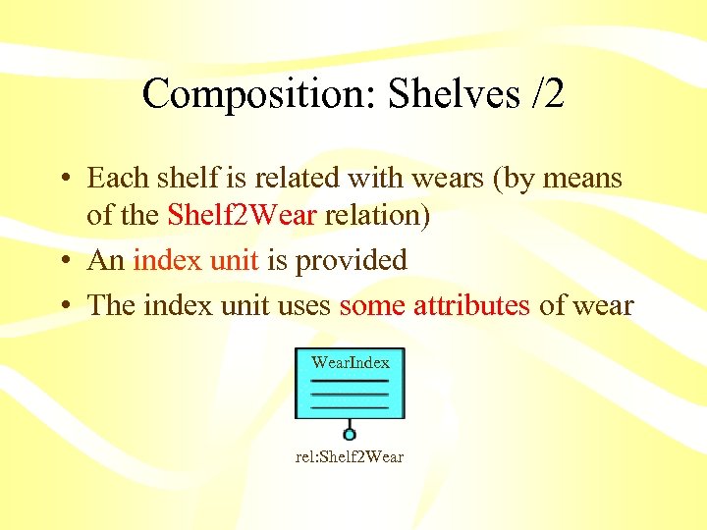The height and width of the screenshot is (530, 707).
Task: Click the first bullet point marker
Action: click(64, 179)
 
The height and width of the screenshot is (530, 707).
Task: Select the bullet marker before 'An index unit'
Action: click(64, 261)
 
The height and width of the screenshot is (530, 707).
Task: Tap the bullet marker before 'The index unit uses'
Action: click(64, 306)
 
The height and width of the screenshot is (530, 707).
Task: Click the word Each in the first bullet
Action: click(114, 178)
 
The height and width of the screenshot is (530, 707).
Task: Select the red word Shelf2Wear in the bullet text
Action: click(243, 214)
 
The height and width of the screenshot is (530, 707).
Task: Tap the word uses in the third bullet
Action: click(301, 305)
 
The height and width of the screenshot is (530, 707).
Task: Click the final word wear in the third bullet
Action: click(601, 305)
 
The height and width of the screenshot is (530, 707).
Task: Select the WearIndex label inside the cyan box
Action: click(350, 362)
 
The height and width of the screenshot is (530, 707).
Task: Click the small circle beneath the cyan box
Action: click(350, 433)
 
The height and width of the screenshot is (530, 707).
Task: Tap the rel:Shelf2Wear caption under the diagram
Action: click(350, 457)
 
